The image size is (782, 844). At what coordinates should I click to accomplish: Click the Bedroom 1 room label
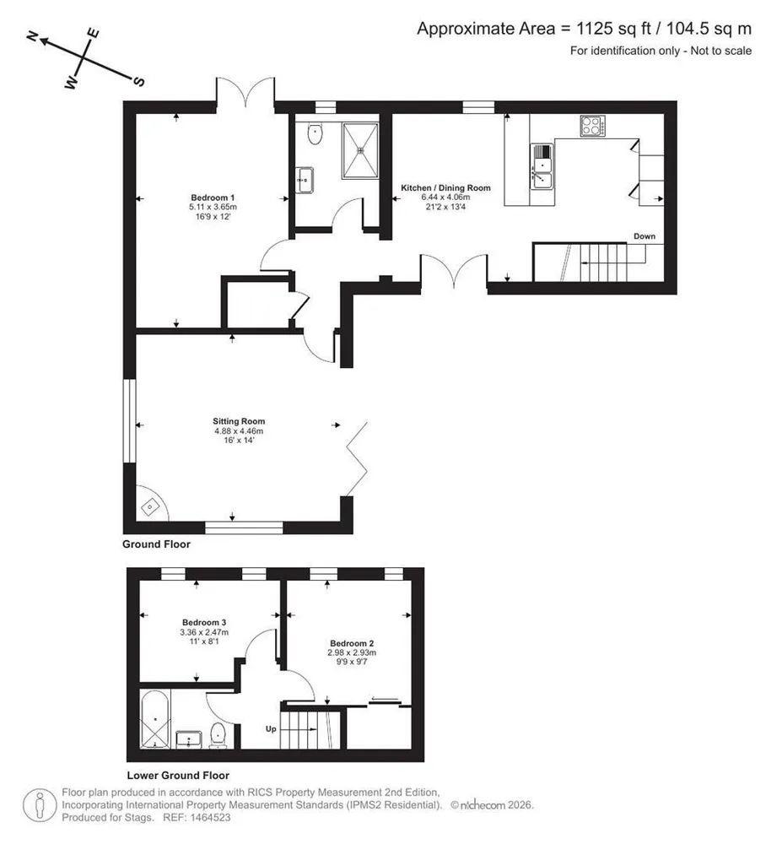click(x=213, y=197)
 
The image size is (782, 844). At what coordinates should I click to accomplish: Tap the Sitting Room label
click(x=239, y=421)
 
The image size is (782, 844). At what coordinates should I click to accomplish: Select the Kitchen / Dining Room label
click(x=446, y=188)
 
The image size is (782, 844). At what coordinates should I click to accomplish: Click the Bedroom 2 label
click(x=352, y=643)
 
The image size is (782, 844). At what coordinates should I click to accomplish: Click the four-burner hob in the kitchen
click(x=593, y=126)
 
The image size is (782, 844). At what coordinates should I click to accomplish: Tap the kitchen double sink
click(x=542, y=166)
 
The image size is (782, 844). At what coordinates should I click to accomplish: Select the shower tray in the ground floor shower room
click(x=360, y=150)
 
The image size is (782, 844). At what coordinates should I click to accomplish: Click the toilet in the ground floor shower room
click(x=315, y=133)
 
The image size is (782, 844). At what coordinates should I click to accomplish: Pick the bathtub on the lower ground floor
click(x=155, y=719)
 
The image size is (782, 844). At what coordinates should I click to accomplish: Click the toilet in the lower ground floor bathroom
click(x=218, y=735)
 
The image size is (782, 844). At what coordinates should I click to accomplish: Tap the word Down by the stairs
click(x=644, y=236)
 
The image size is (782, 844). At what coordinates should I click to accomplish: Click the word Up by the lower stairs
click(x=271, y=729)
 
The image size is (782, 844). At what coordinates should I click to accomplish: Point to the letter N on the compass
click(x=33, y=36)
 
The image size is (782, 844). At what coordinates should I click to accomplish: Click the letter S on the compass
click(x=138, y=81)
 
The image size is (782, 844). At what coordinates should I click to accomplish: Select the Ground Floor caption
click(x=157, y=544)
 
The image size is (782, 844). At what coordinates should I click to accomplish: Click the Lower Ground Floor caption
click(x=178, y=776)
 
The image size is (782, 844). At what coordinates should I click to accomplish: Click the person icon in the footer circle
click(x=40, y=804)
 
